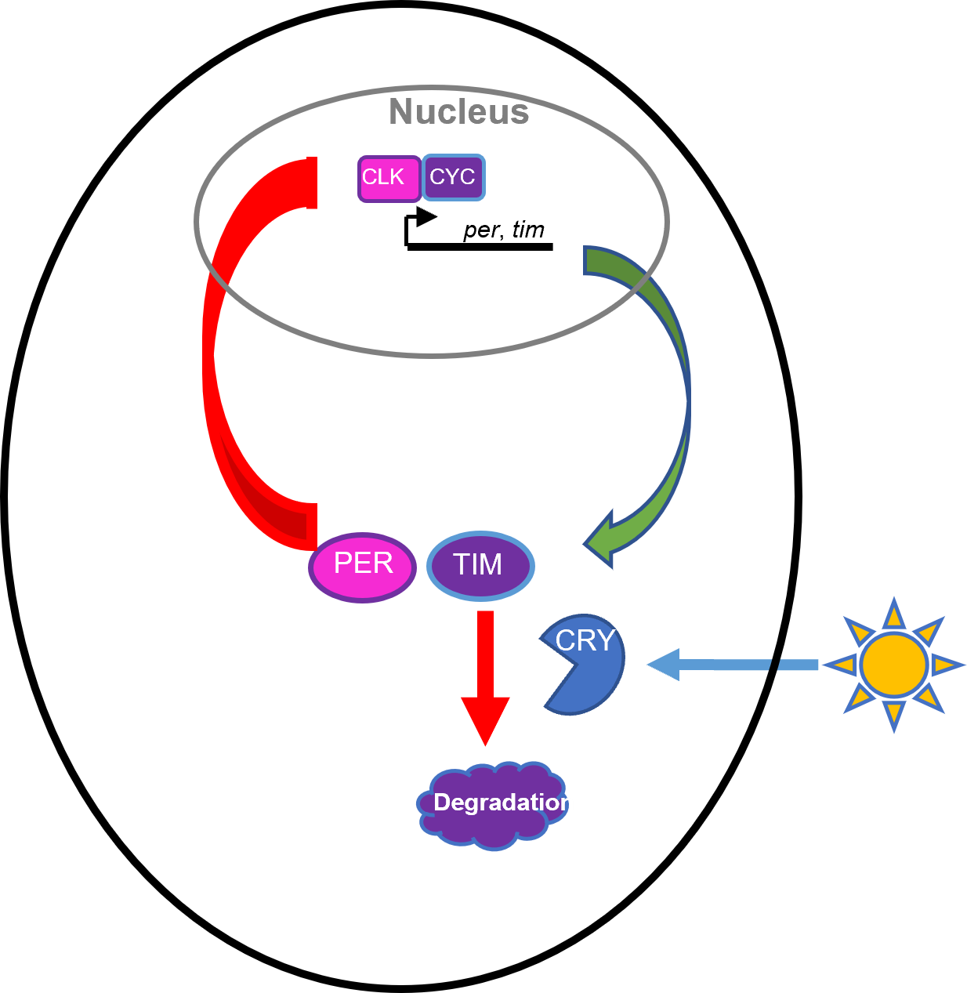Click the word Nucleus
[x=458, y=111]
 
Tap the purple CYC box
[x=454, y=178]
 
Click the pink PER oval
[x=362, y=566]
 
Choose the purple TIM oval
[x=480, y=566]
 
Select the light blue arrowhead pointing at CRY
[x=663, y=665]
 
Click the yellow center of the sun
[x=893, y=665]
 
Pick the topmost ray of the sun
[x=894, y=613]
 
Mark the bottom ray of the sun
[x=894, y=716]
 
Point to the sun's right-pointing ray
[x=946, y=665]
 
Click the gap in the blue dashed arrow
[x=774, y=665]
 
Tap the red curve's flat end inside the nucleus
[x=311, y=183]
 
